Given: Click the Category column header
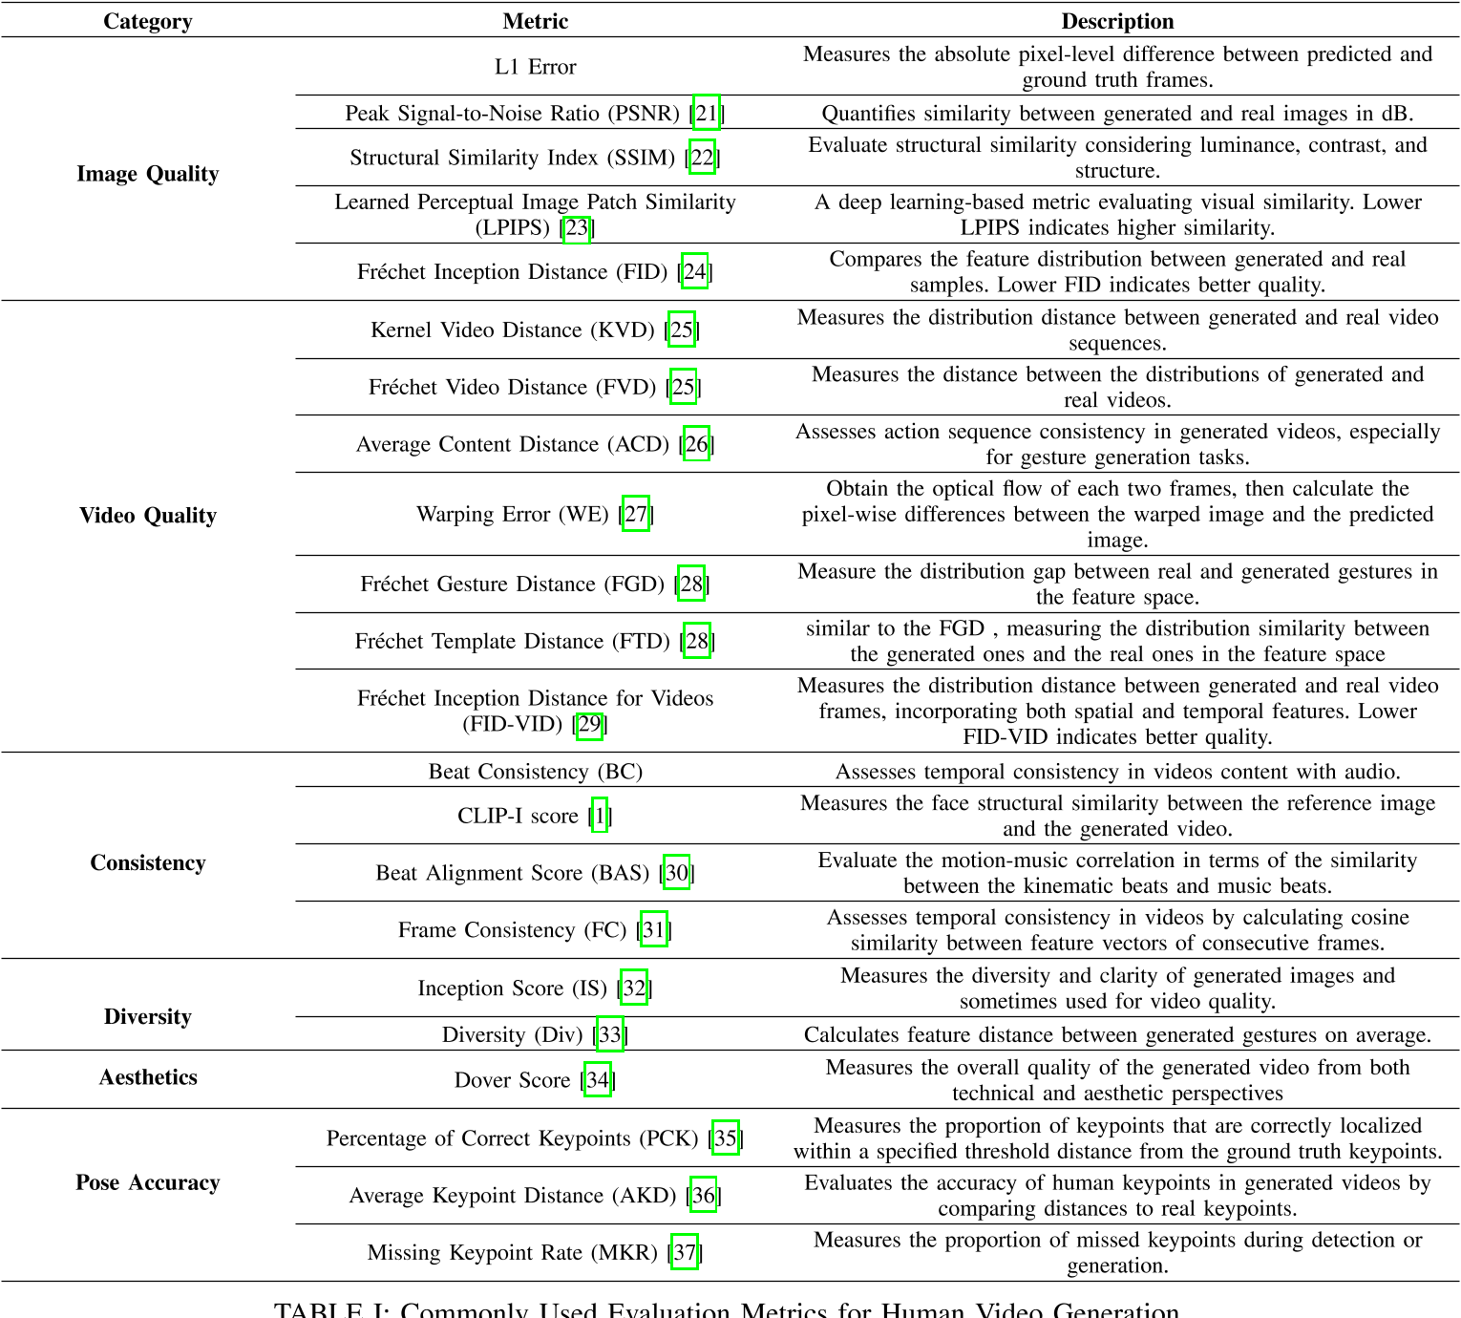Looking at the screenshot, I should pyautogui.click(x=147, y=21).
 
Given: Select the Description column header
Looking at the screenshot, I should pyautogui.click(x=1117, y=21).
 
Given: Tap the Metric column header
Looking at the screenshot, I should pyautogui.click(x=535, y=21).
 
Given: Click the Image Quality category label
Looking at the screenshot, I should pyautogui.click(x=147, y=174).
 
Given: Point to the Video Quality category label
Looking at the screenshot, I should pyautogui.click(x=147, y=516).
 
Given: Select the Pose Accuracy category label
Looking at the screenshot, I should pyautogui.click(x=147, y=1182).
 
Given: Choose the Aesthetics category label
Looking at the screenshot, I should pyautogui.click(x=147, y=1077).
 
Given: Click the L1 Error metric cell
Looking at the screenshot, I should pyautogui.click(x=535, y=67).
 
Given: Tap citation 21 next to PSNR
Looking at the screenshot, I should pyautogui.click(x=707, y=114).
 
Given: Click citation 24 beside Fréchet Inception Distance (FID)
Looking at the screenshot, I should pyautogui.click(x=694, y=272).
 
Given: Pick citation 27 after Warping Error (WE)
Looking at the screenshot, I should pyautogui.click(x=636, y=515).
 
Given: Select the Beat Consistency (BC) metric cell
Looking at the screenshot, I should pyautogui.click(x=535, y=772).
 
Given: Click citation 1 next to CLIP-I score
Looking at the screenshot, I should pyautogui.click(x=600, y=816).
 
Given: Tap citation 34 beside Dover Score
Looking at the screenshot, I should pyautogui.click(x=598, y=1080).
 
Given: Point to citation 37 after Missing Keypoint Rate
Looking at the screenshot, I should pyautogui.click(x=685, y=1253).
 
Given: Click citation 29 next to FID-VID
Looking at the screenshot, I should pyautogui.click(x=589, y=724).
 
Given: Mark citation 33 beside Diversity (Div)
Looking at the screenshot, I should pyautogui.click(x=610, y=1035).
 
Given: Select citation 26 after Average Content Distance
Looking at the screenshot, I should pyautogui.click(x=697, y=444).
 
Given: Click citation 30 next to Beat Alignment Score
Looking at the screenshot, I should pyautogui.click(x=677, y=873).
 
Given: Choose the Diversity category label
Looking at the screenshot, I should pyautogui.click(x=147, y=1017).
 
